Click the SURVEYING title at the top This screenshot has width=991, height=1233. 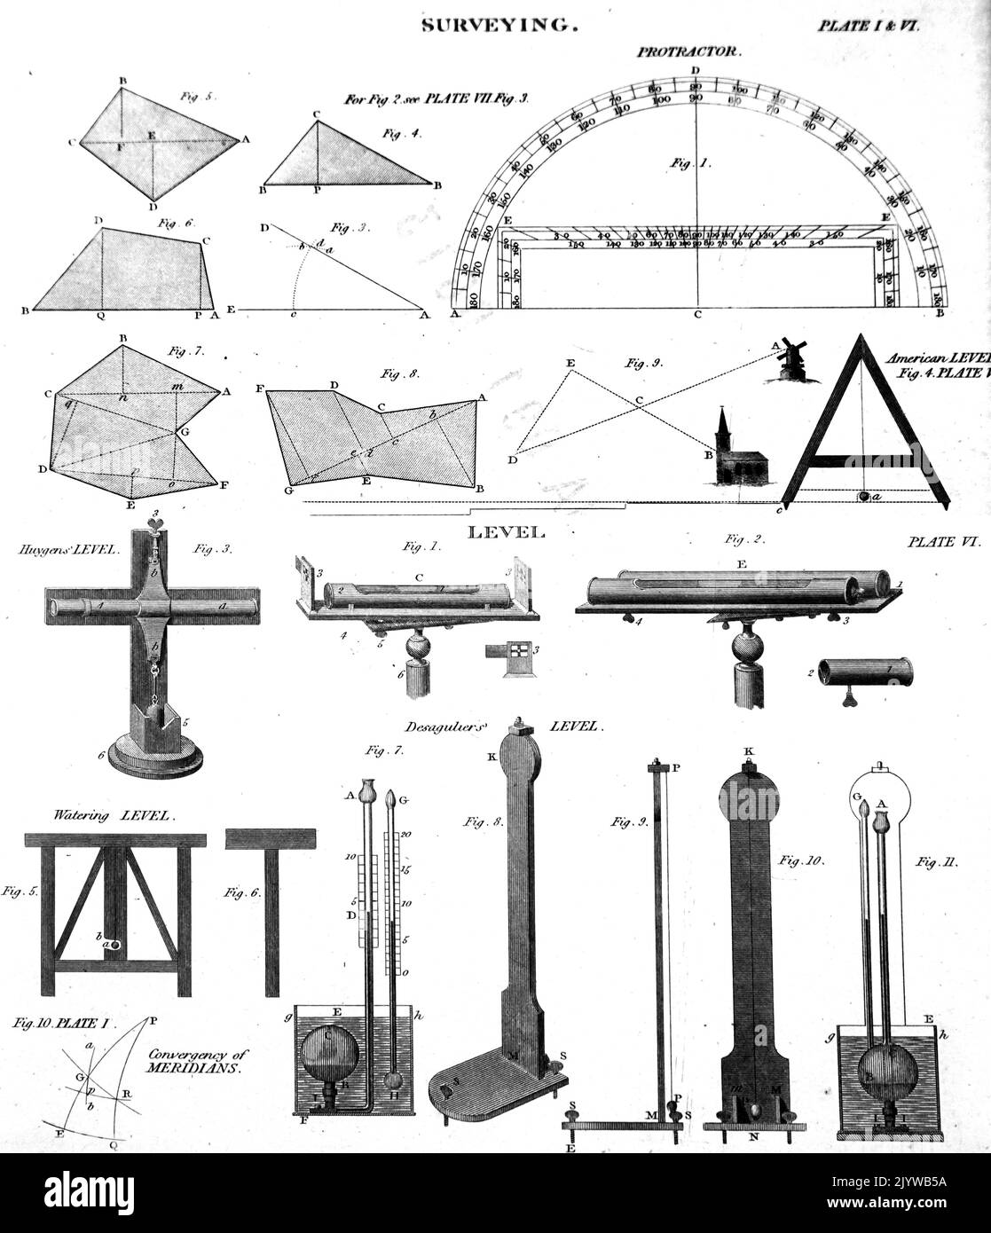tap(499, 26)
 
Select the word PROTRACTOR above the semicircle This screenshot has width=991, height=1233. tap(687, 52)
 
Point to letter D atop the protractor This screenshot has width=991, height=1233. tap(696, 70)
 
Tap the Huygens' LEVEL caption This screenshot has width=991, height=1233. tap(67, 550)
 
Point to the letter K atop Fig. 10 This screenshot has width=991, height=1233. tap(748, 751)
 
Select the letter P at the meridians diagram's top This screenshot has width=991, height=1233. tap(153, 1020)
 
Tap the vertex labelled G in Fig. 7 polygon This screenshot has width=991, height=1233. tap(184, 429)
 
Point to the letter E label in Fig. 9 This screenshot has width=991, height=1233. tap(570, 364)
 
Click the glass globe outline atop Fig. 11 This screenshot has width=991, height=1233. tap(882, 793)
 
